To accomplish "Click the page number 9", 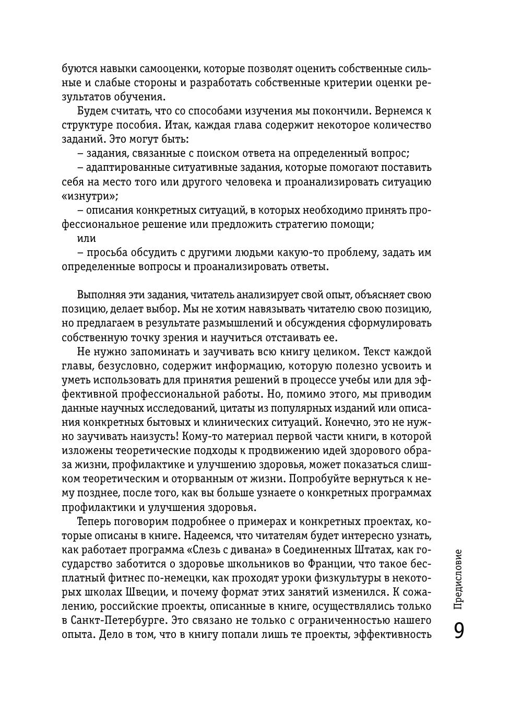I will coord(458,631).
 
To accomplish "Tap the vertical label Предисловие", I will coord(458,579).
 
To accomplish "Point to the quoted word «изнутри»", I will coord(90,196).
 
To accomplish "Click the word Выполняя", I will coord(104,295).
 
